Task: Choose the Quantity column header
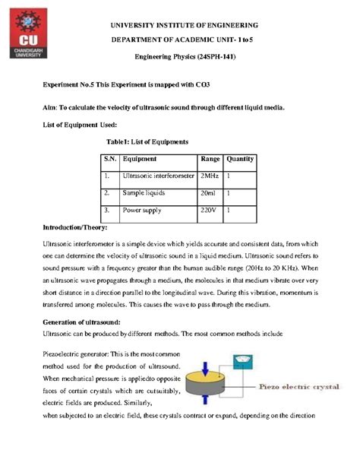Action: click(240, 160)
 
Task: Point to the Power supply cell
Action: click(144, 210)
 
